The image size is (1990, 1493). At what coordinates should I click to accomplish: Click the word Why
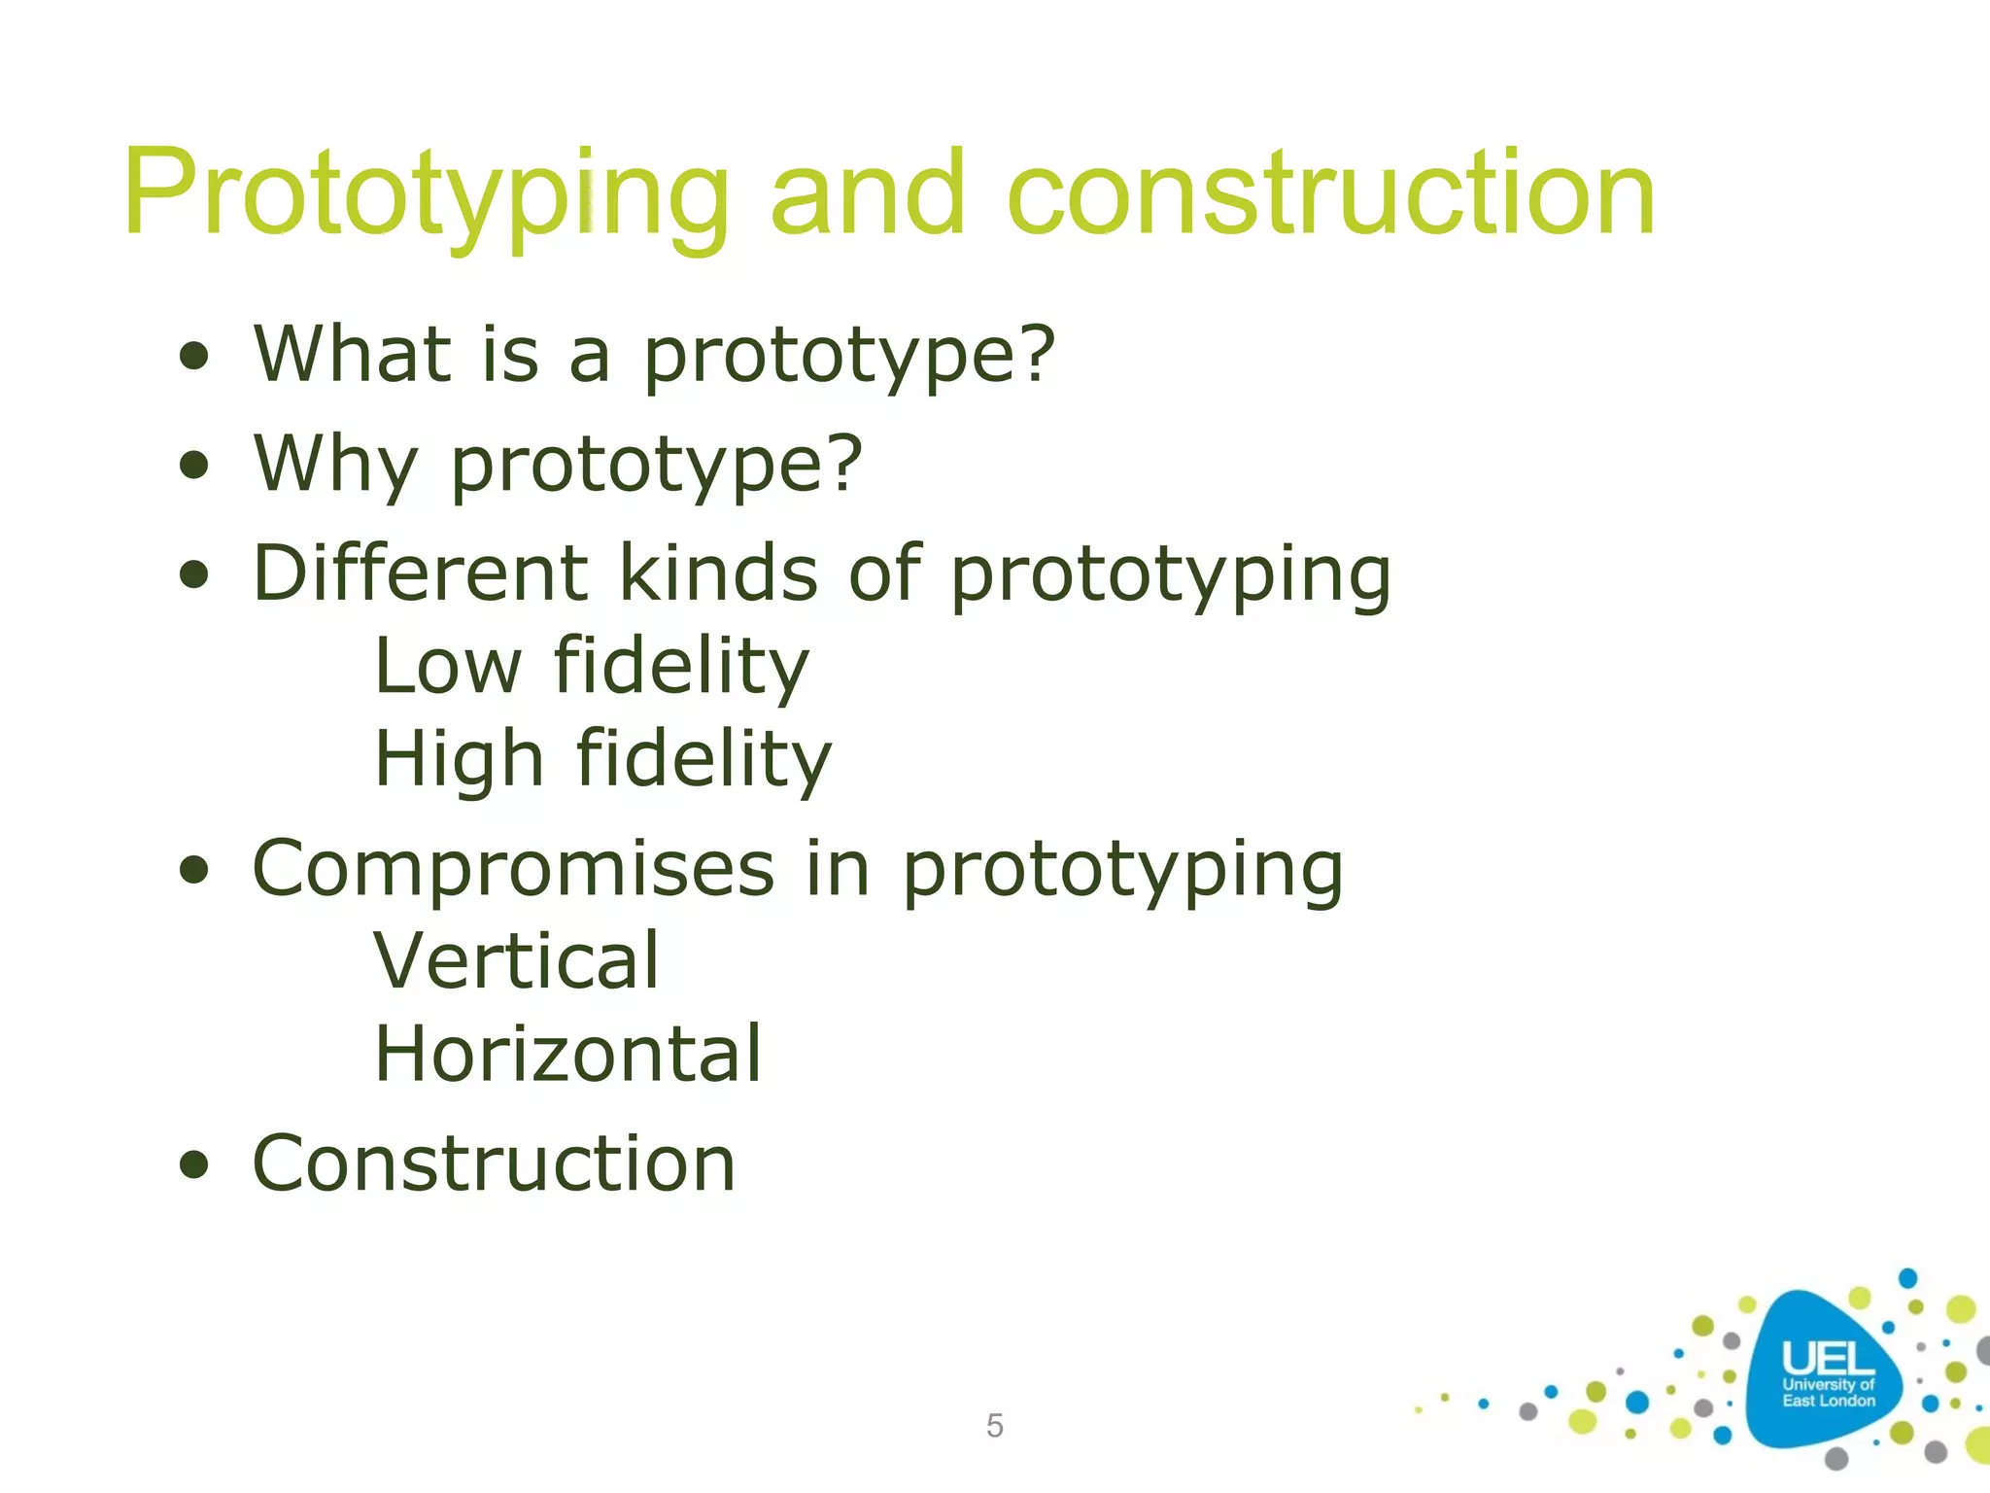[x=336, y=465]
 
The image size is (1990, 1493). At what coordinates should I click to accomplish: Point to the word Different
[x=420, y=573]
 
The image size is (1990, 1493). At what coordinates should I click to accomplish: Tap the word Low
[x=448, y=667]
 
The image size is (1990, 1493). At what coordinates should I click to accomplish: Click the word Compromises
[x=513, y=869]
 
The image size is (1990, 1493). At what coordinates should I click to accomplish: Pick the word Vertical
[x=517, y=961]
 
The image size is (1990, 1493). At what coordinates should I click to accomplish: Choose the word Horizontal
[x=568, y=1055]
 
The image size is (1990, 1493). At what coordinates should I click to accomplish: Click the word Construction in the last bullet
[x=494, y=1163]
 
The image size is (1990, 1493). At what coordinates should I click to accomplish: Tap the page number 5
[x=994, y=1426]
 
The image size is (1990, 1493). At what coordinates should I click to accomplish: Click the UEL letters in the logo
[x=1828, y=1358]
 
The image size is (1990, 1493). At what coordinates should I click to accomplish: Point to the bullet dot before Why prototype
[x=194, y=466]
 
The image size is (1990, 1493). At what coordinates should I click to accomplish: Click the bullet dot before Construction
[x=194, y=1164]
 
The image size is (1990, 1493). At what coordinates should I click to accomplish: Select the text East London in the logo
[x=1828, y=1401]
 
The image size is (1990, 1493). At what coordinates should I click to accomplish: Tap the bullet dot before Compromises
[x=194, y=870]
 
